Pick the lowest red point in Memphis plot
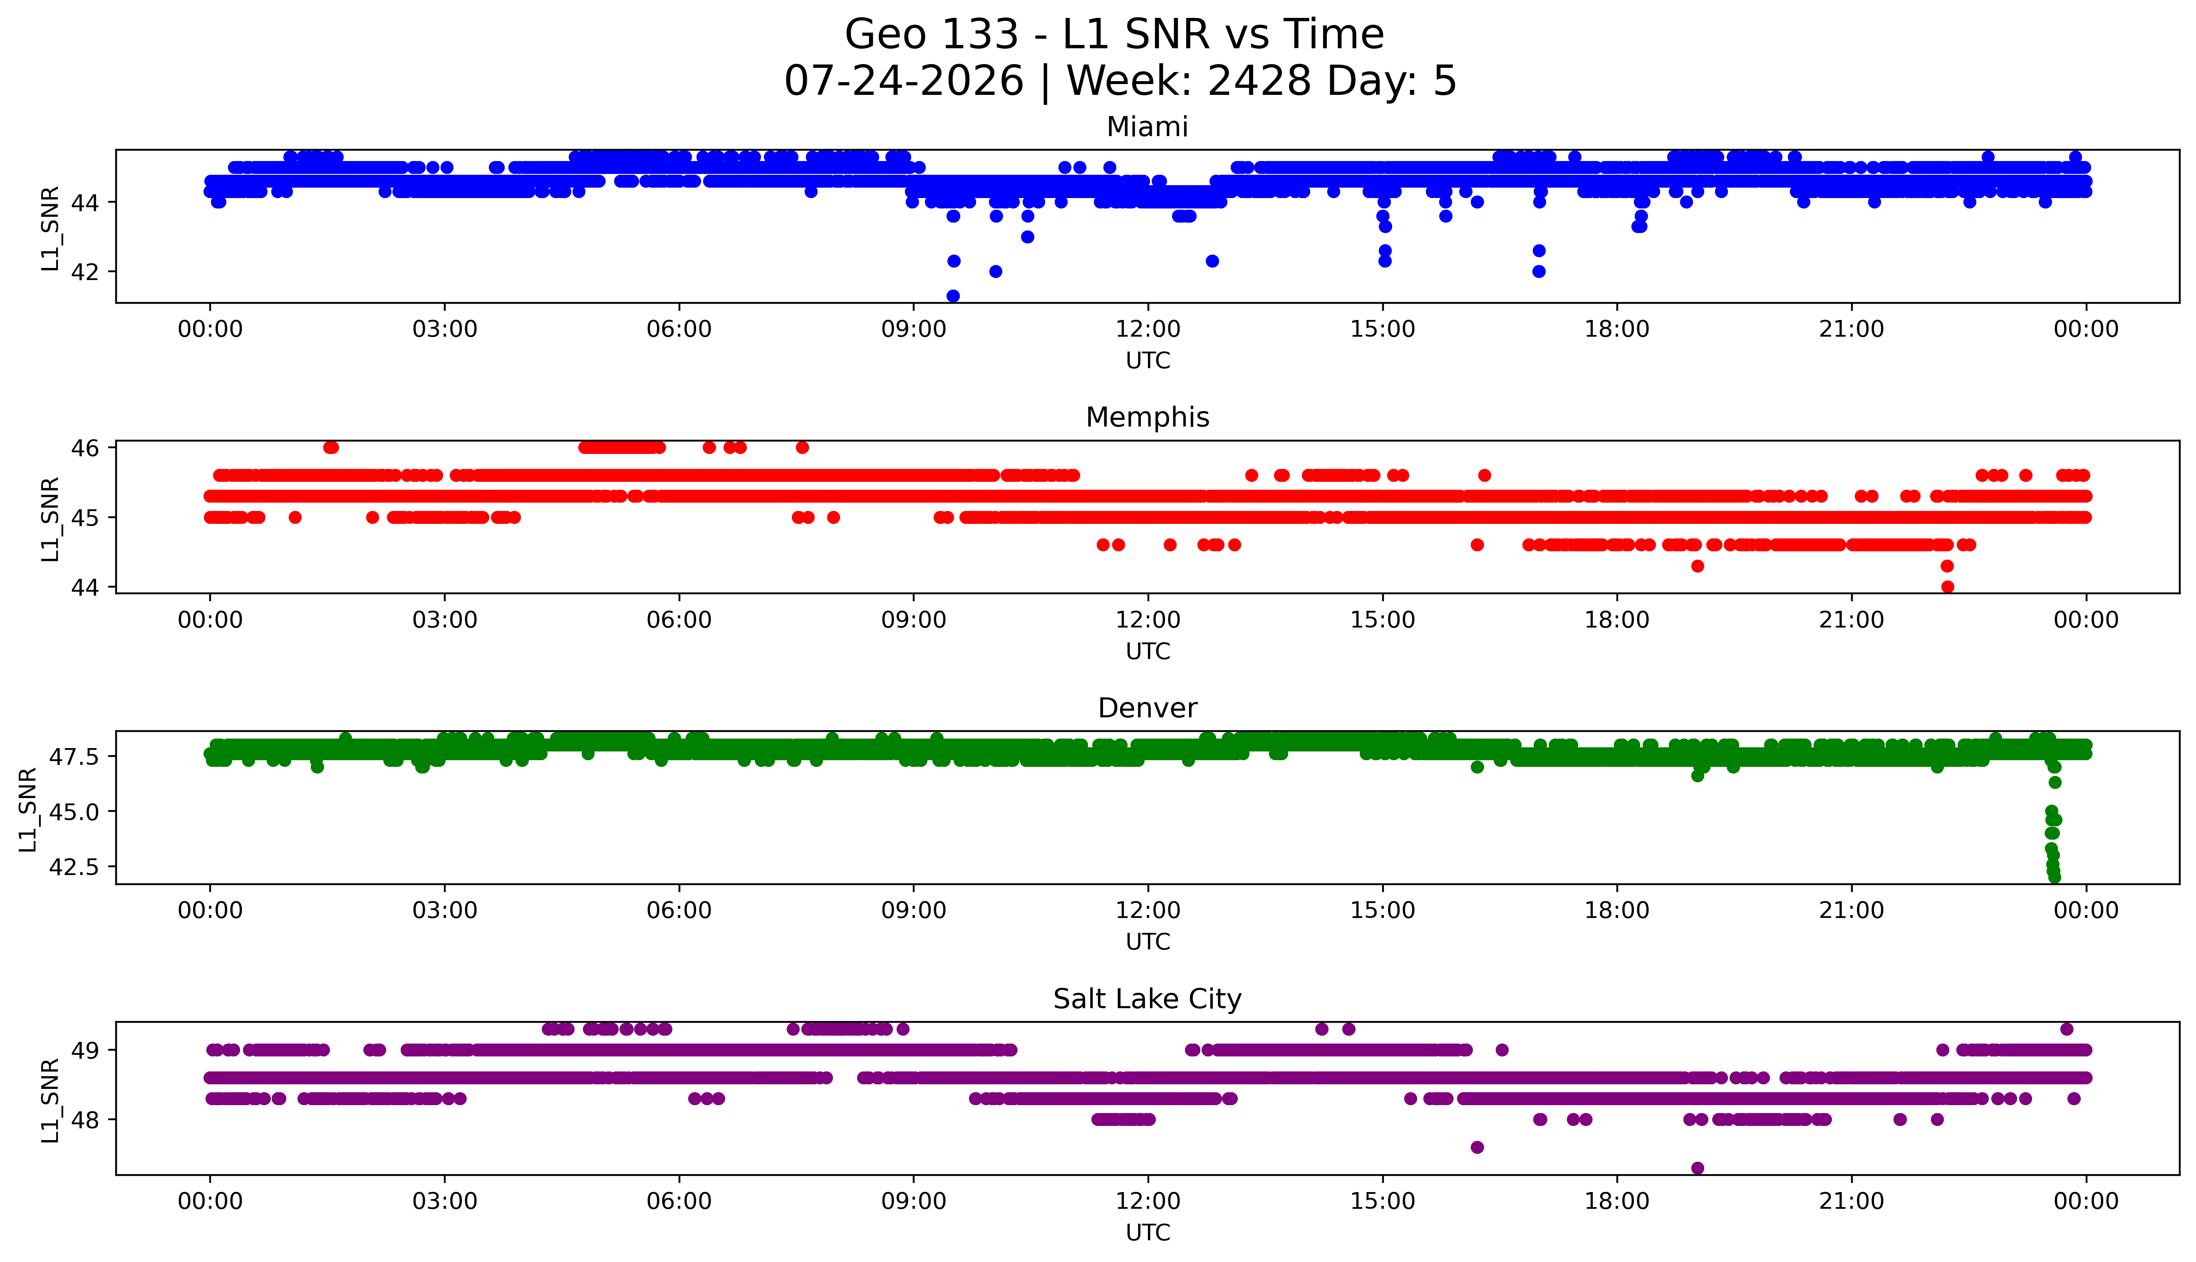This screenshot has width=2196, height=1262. coord(1947,587)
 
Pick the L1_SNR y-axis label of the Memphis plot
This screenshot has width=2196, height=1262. coord(50,518)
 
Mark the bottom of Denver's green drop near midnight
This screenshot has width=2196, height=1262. coord(2054,877)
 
